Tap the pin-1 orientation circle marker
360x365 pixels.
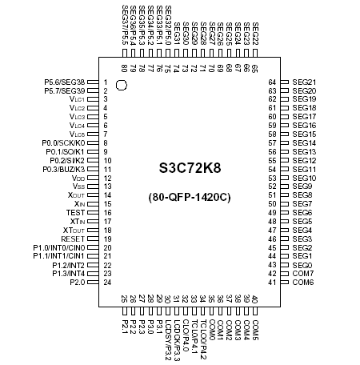coord(121,84)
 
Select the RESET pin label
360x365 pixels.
coord(73,239)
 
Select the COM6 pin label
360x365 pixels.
coord(303,282)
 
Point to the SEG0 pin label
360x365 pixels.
coord(302,256)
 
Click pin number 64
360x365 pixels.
coord(272,82)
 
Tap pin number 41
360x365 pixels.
coord(272,282)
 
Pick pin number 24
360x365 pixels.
coord(106,282)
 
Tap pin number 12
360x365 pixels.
coord(106,178)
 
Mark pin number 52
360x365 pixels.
coord(272,187)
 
